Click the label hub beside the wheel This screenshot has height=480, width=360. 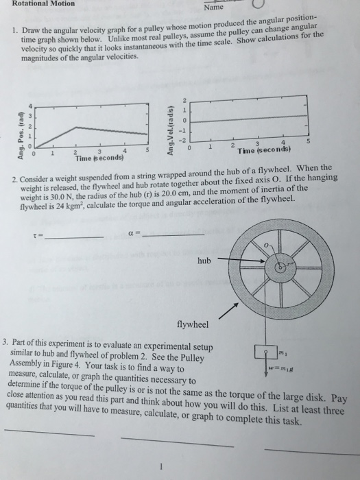(204, 261)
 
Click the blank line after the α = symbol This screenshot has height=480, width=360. (176, 235)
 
